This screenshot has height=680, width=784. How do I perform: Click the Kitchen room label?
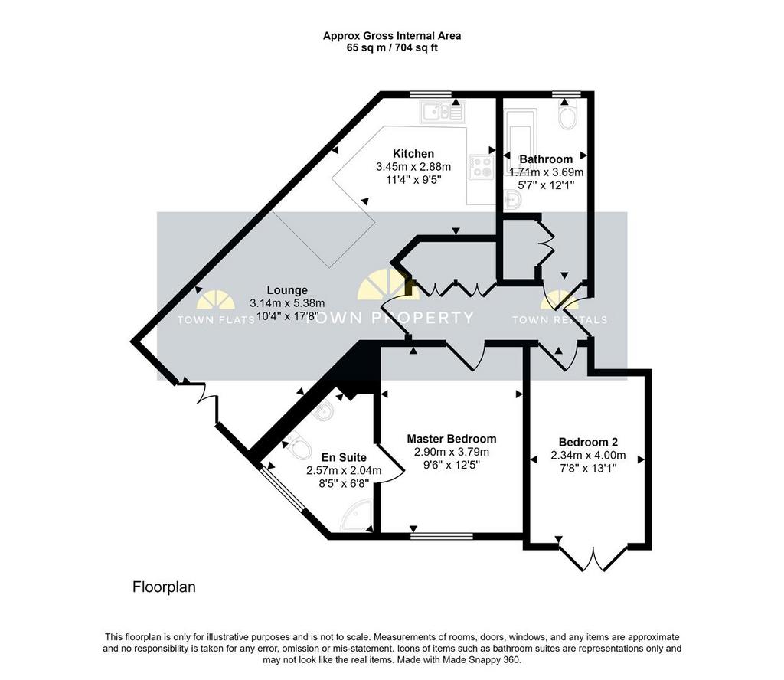[x=413, y=153]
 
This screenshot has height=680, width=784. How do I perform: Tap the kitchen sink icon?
[x=443, y=112]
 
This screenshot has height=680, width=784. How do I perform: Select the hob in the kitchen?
[x=482, y=166]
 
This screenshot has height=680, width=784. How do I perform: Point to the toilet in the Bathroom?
[x=568, y=116]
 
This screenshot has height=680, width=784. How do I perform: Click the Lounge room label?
[x=287, y=290]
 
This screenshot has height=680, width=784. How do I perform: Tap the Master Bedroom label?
[x=452, y=439]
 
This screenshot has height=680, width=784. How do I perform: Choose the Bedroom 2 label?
[x=588, y=442]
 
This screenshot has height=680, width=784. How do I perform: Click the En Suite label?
[x=344, y=457]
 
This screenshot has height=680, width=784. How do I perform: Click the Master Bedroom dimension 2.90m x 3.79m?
[x=452, y=453]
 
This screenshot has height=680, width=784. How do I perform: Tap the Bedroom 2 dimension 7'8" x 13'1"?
[x=588, y=469]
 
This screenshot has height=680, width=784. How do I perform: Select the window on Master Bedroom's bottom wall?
[x=442, y=536]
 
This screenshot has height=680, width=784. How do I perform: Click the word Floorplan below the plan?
[x=164, y=587]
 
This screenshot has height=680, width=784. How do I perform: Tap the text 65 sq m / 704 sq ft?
[x=392, y=48]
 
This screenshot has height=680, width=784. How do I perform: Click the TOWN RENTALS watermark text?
[x=560, y=320]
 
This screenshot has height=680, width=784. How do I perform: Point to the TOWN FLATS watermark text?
[x=216, y=320]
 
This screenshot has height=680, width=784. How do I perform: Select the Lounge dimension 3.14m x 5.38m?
[x=287, y=303]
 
